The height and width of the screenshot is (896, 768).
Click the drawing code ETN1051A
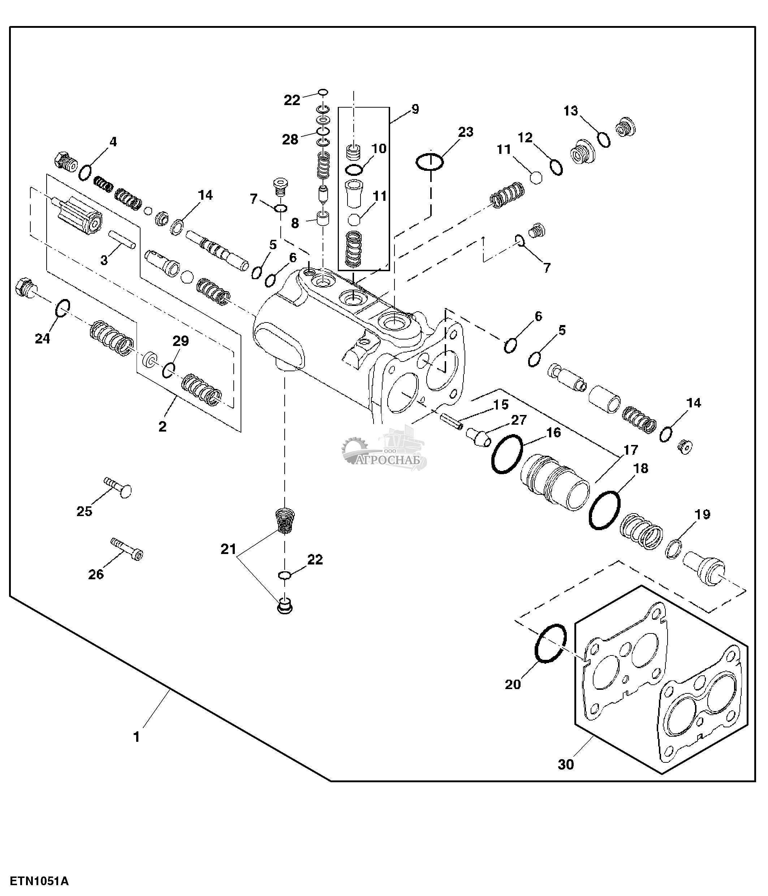(x=39, y=881)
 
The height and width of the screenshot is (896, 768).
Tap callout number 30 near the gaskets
(x=566, y=765)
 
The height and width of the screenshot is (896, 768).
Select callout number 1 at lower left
(x=137, y=737)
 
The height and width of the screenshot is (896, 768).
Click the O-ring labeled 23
(x=430, y=162)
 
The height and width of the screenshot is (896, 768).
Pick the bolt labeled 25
(x=119, y=488)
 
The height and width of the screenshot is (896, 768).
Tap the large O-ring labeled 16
(x=507, y=454)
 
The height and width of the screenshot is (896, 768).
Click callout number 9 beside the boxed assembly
(x=415, y=109)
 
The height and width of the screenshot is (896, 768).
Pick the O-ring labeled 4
(x=85, y=173)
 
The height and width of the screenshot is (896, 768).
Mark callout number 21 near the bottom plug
(x=228, y=549)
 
